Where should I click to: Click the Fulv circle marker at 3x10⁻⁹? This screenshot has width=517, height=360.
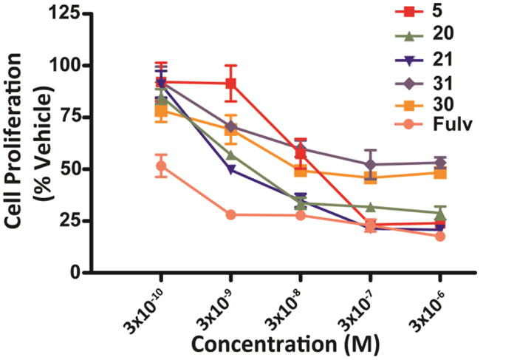(231, 214)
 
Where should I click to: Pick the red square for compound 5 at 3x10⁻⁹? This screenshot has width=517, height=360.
(231, 84)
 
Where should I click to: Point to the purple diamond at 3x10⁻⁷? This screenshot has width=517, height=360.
(371, 165)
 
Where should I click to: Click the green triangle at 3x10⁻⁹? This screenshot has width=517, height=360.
(231, 155)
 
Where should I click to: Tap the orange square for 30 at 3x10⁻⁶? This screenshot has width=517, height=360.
(440, 172)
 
